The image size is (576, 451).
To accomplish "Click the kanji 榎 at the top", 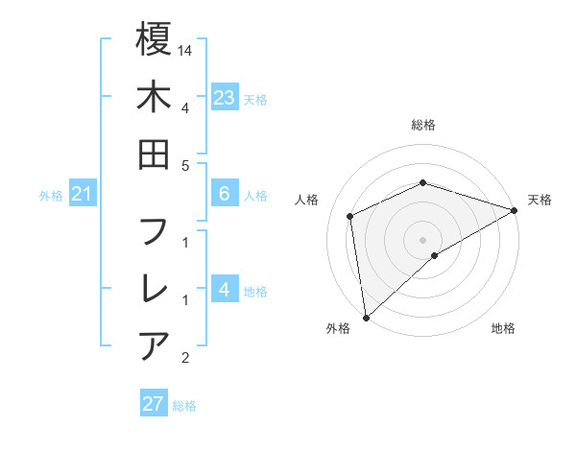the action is point(154,40).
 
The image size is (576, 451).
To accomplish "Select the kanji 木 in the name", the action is point(154,98).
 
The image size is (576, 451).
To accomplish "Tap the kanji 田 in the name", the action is point(154,154).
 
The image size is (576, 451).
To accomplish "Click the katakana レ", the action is point(154,289).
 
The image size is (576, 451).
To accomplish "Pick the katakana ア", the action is point(154,345).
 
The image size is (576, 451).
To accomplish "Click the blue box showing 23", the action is point(224,98).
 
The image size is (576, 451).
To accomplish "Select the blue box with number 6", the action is point(224,194).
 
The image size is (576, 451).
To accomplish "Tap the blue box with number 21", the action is point(83,195).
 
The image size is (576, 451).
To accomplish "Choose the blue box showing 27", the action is point(154,404).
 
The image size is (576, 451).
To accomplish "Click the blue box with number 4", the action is point(224,289).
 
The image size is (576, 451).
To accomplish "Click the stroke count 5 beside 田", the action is point(185,165).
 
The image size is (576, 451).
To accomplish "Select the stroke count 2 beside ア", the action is point(185,358).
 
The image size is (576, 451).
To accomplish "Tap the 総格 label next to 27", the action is point(184,405).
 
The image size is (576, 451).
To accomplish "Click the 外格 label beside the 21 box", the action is point(51,196).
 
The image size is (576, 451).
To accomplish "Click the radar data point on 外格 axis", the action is point(366,317).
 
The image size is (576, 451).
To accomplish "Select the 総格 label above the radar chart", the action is point(422,125).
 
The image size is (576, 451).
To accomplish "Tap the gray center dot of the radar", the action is point(422,239).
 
